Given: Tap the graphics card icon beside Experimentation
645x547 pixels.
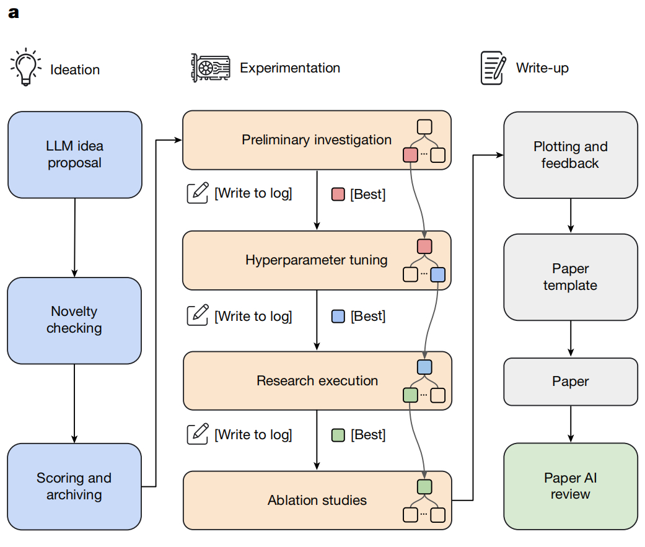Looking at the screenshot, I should (x=210, y=68).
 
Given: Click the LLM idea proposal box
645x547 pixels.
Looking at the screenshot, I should (x=75, y=155).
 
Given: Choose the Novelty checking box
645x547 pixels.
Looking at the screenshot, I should (x=74, y=320).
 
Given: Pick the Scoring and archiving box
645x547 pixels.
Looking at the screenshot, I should (x=74, y=486).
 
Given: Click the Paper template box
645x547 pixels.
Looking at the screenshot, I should (x=570, y=277).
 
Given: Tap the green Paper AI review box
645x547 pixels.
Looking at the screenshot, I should (x=570, y=486).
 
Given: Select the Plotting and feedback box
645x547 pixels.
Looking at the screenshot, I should (x=570, y=155).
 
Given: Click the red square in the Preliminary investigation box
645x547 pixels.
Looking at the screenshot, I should (x=410, y=155).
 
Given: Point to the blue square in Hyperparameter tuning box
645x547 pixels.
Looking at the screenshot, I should (x=437, y=274).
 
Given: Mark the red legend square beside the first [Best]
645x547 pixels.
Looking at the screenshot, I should (x=338, y=194).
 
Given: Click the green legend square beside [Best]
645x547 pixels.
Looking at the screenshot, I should (x=338, y=435).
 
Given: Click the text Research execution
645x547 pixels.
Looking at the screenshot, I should (x=317, y=381).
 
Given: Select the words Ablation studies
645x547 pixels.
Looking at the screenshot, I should (x=317, y=500).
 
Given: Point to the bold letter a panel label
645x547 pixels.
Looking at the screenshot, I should (x=14, y=13).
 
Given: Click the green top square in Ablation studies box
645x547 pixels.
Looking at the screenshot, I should (x=424, y=486).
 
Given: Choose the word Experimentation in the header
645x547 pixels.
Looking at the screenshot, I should (x=290, y=68).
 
